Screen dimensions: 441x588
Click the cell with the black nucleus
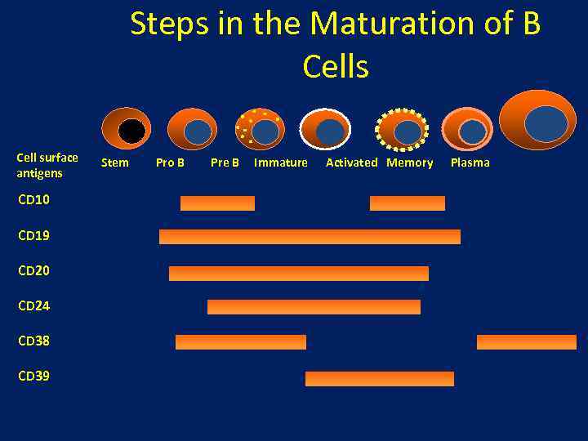coord(126,129)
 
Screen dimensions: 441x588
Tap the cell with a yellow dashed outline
coord(402,129)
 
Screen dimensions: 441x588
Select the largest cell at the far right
coord(537,121)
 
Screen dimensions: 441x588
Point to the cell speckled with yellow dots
coord(260,129)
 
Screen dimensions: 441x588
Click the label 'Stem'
coord(114,163)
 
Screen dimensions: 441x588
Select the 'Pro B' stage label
coord(170,163)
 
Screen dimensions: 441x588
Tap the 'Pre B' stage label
coord(225,163)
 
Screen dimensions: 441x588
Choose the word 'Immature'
coord(281,163)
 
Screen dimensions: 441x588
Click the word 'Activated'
coord(352,163)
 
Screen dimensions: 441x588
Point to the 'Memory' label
coord(410,163)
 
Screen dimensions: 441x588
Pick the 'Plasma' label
coord(470,163)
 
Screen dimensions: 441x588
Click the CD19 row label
coord(33,235)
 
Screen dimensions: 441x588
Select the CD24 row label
coord(33,305)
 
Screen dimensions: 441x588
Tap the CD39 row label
coord(33,376)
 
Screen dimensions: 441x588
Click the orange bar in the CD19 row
coord(310,237)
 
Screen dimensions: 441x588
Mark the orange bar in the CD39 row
coord(379,379)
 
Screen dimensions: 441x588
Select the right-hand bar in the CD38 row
coord(526,342)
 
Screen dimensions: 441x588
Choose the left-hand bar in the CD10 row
coord(217,203)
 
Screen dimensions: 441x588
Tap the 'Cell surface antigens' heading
coord(47,165)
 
